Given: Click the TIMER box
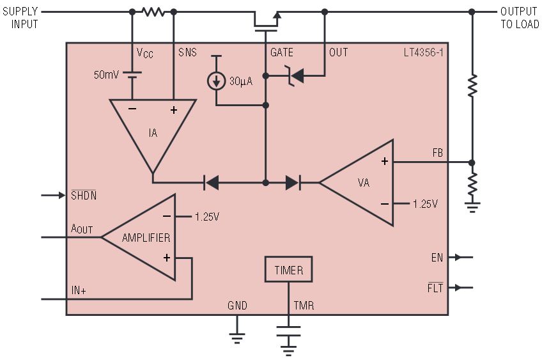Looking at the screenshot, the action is [x=289, y=269].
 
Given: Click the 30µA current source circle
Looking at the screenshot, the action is [x=216, y=81].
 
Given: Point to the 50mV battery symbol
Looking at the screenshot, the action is [x=132, y=75].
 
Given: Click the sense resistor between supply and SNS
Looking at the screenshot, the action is [x=153, y=12].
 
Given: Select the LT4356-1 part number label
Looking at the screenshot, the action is [x=423, y=52].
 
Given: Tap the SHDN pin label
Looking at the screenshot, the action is [x=84, y=195].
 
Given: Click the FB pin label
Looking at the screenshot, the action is [x=437, y=153].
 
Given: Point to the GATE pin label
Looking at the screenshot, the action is [x=282, y=52].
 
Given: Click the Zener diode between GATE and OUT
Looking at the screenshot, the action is [x=294, y=75].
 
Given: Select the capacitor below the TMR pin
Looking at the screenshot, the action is [x=288, y=331].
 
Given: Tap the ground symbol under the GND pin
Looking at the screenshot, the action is [x=236, y=338].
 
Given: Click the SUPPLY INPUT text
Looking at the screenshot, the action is [x=20, y=18].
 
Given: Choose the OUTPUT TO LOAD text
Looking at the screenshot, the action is [x=520, y=18].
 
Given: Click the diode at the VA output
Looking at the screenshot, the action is [x=293, y=182].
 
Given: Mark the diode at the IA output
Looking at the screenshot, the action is [x=211, y=182].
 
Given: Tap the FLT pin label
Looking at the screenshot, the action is [x=435, y=288].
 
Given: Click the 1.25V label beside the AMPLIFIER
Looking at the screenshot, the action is [x=206, y=217].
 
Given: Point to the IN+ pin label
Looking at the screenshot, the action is [x=79, y=290].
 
